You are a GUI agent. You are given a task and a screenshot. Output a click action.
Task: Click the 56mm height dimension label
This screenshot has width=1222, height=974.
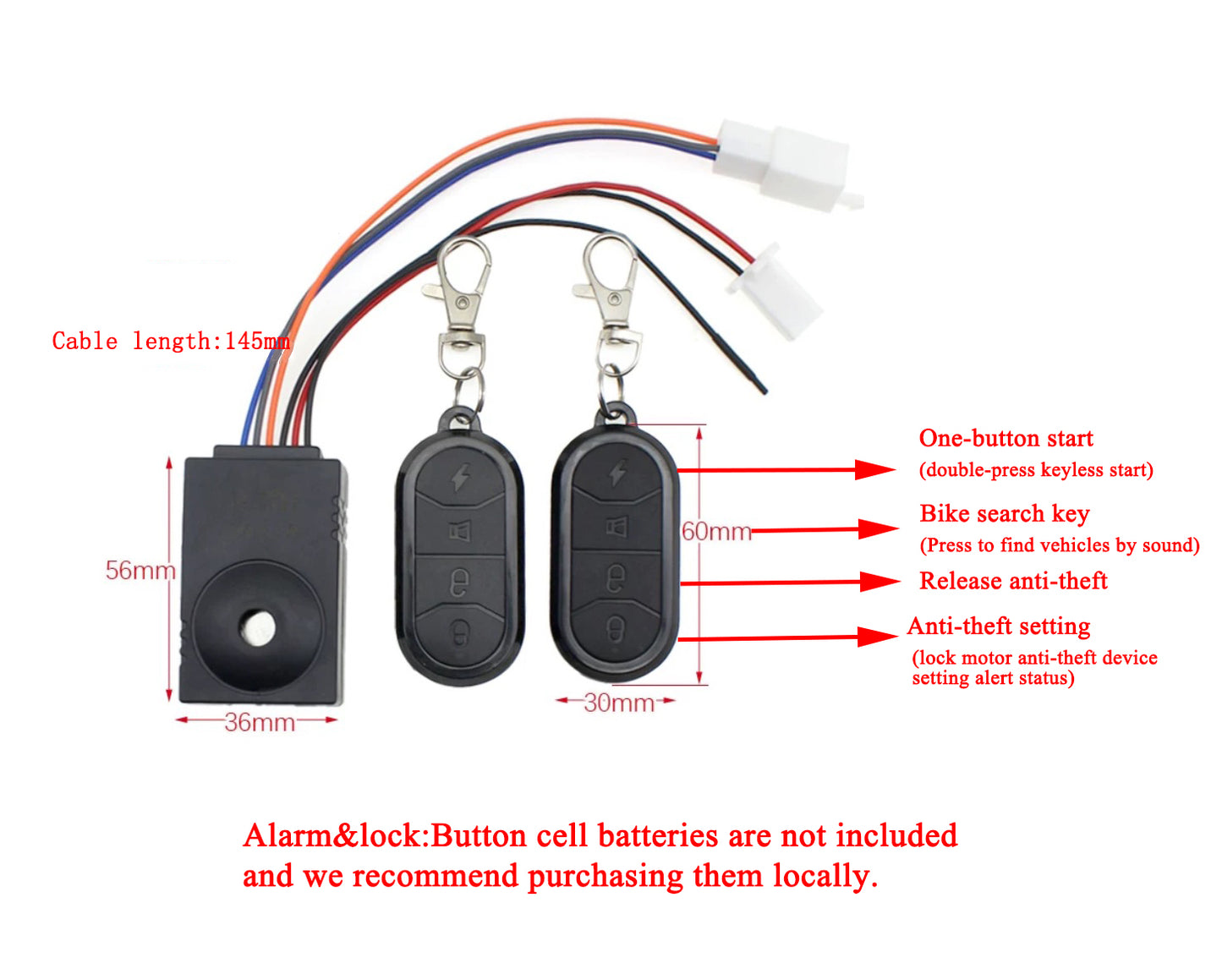click(140, 571)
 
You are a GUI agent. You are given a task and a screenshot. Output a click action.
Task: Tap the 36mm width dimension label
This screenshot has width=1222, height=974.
click(259, 722)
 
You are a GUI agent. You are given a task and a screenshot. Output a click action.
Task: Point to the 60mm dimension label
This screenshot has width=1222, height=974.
click(715, 532)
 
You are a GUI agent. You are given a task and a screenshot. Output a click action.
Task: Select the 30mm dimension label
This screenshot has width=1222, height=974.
click(618, 703)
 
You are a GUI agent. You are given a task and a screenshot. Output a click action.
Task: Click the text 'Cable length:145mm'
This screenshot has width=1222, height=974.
click(171, 342)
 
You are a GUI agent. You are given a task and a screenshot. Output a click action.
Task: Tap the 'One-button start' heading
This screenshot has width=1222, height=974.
click(1006, 439)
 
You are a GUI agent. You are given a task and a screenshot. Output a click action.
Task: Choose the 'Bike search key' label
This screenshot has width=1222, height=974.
click(1004, 514)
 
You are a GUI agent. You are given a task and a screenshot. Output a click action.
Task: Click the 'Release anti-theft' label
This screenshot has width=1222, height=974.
click(1012, 581)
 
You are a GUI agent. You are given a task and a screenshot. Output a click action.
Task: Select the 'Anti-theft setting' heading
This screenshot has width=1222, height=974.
click(998, 627)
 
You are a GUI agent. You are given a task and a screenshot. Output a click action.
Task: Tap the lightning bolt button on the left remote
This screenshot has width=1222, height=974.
click(460, 477)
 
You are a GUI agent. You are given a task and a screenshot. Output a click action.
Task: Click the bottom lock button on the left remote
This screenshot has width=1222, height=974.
click(460, 632)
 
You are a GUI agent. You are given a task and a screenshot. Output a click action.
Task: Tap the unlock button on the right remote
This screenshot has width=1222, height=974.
click(616, 578)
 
